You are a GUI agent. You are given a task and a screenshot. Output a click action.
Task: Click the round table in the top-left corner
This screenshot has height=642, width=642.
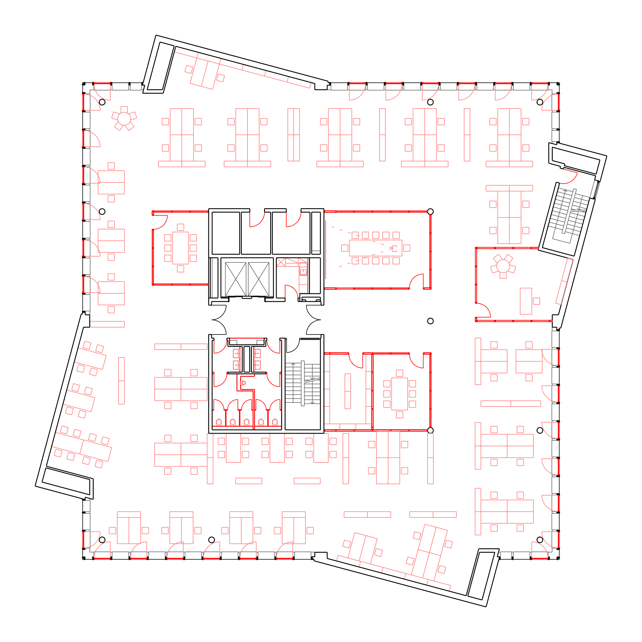(124, 118)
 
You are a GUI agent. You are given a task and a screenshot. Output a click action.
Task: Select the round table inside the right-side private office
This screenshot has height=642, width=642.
(503, 266)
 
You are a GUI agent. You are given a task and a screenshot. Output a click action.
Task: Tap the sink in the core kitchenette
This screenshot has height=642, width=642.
(303, 272)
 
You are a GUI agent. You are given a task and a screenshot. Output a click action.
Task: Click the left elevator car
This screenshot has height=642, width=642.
(235, 279)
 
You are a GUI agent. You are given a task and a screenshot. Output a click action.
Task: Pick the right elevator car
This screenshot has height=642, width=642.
(259, 279)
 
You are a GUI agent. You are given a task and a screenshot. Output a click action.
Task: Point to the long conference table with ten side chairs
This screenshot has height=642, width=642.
(376, 248)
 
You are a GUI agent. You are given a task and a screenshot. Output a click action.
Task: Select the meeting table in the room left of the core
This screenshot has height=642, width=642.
(180, 248)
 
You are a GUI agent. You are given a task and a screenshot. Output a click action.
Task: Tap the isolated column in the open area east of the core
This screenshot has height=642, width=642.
(430, 321)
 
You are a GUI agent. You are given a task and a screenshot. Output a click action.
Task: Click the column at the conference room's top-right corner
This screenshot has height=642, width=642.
(430, 211)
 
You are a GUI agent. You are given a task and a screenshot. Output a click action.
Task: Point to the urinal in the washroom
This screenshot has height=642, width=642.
(243, 383)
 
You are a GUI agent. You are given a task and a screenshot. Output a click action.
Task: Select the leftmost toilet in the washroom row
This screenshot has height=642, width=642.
(219, 422)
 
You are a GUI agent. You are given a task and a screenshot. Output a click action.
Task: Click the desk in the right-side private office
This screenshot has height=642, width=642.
(526, 301)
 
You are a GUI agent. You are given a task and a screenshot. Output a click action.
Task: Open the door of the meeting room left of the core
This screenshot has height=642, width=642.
(160, 222)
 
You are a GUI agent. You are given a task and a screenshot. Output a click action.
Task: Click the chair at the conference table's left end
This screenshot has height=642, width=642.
(345, 248)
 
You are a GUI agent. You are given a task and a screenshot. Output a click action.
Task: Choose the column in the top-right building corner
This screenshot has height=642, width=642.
(540, 102)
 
